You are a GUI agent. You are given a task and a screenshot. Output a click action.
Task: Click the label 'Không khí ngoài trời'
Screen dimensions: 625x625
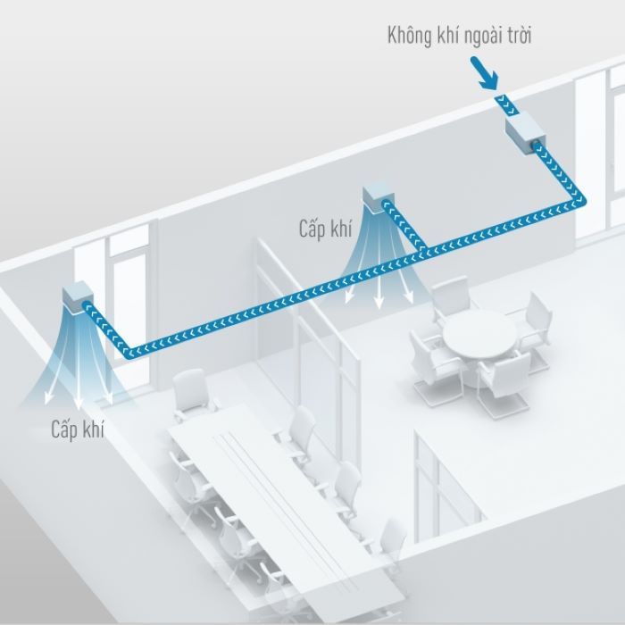pyautogui.click(x=460, y=37)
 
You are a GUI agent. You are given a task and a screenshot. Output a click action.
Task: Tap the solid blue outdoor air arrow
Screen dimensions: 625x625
pyautogui.click(x=484, y=74)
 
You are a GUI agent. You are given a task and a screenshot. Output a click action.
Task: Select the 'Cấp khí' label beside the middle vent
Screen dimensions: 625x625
pyautogui.click(x=325, y=229)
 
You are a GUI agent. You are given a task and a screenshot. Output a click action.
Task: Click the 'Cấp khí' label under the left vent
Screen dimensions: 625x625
pyautogui.click(x=78, y=429)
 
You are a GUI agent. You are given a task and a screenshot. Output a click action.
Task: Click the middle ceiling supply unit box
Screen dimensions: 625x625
pyautogui.click(x=378, y=198)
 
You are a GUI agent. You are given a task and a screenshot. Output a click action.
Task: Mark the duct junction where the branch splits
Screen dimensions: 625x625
pyautogui.click(x=422, y=251)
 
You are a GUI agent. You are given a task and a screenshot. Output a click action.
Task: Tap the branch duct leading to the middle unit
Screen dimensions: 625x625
pyautogui.click(x=404, y=226)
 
